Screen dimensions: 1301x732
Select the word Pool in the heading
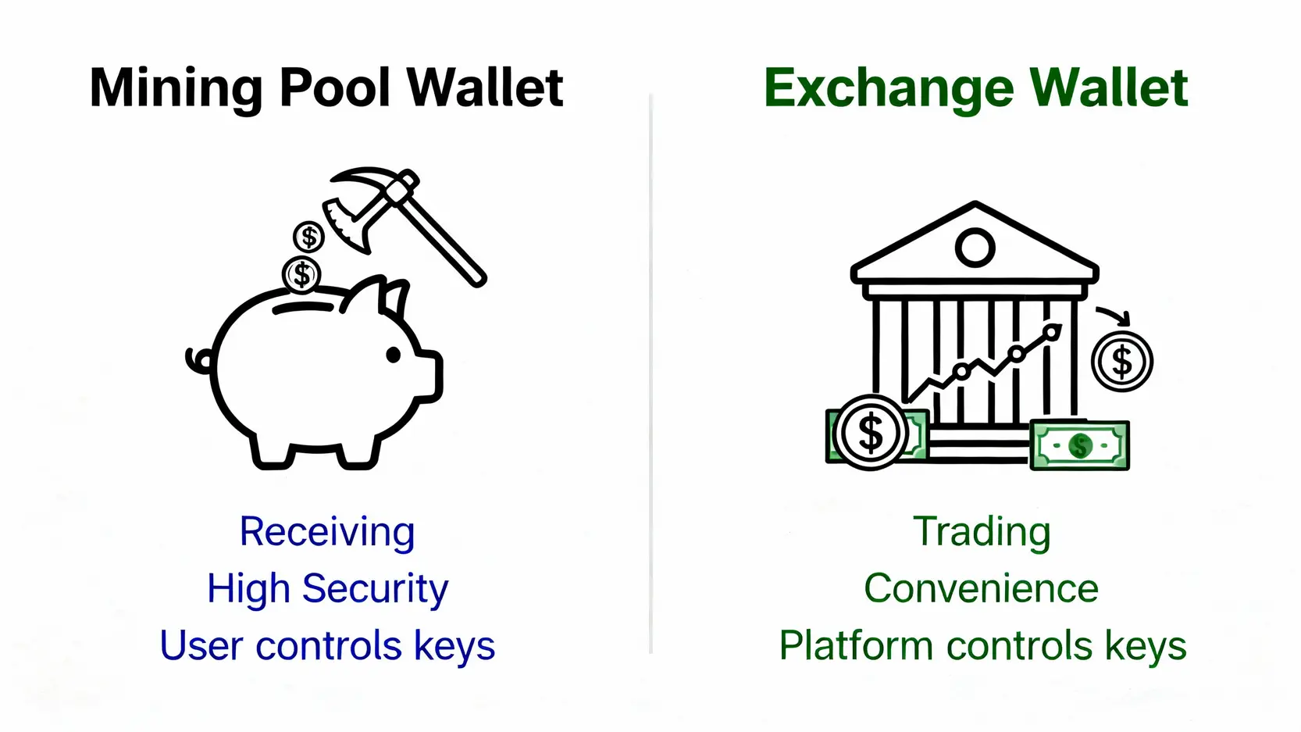335,87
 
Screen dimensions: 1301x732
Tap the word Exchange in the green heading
889,89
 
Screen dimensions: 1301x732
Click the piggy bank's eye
394,355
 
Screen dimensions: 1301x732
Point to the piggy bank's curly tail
198,361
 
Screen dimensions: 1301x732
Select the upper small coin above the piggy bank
308,237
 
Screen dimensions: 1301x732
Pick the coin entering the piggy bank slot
302,274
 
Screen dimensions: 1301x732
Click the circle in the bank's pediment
975,248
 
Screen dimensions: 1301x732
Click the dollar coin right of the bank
1122,362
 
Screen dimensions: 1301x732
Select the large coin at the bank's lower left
870,432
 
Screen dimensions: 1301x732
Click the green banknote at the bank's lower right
1080,445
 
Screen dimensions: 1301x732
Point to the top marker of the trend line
1051,332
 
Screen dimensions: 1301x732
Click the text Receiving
327,531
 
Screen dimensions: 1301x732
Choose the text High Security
327,589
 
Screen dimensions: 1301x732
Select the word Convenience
982,588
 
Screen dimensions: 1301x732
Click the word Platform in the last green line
856,645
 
